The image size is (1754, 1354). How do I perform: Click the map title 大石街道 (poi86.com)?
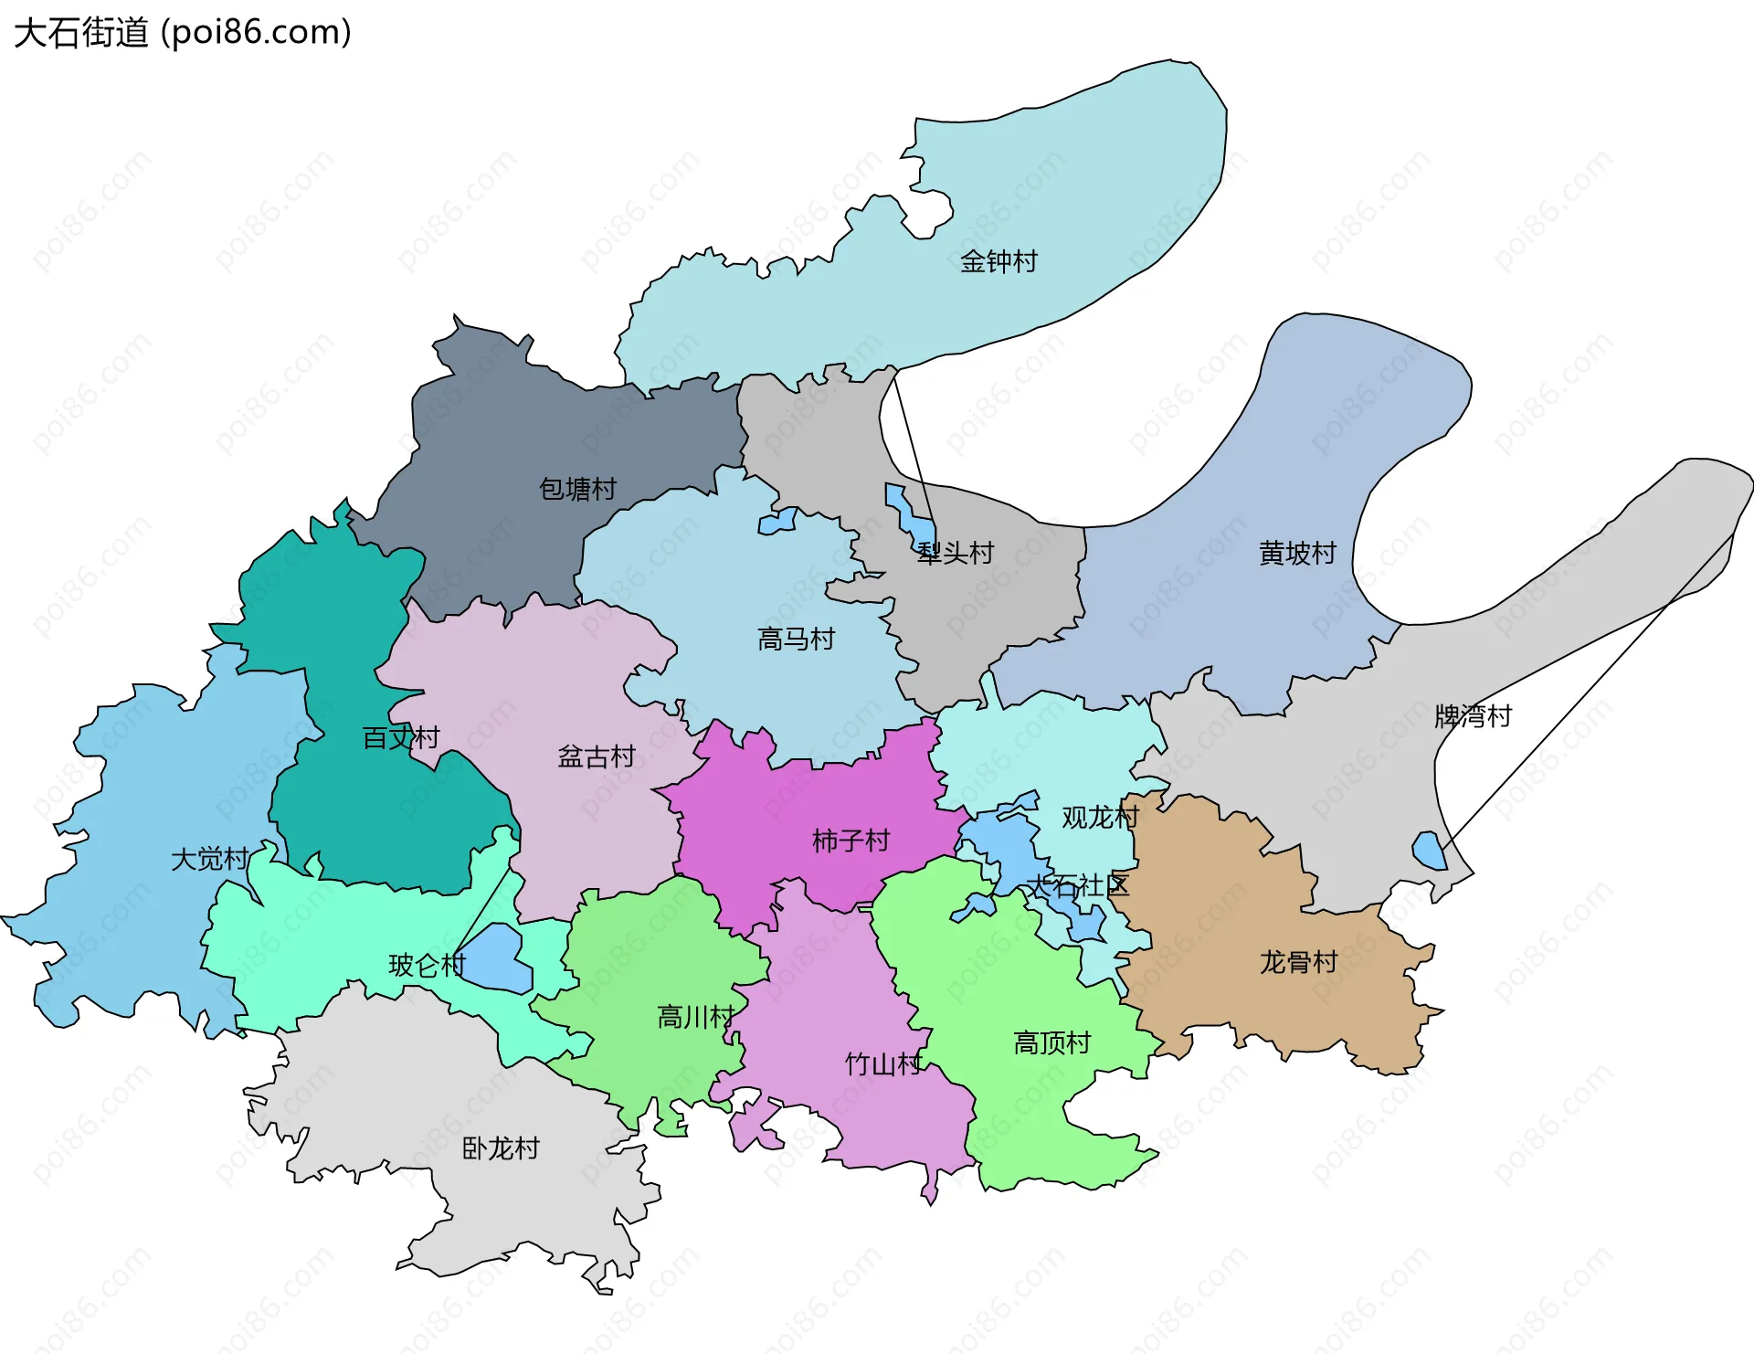pos(183,33)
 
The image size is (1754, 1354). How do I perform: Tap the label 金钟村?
pos(999,262)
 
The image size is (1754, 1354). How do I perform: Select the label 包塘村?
pos(577,490)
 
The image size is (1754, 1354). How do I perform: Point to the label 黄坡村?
pos(1297,554)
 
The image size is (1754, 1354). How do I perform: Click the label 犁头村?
pos(956,554)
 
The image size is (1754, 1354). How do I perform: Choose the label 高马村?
pos(796,640)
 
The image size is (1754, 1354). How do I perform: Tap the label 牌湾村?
pos(1473,716)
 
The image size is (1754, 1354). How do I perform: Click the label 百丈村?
pos(401,738)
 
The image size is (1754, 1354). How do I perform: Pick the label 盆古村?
pos(597,757)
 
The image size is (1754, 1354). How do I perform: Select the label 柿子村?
pos(851,841)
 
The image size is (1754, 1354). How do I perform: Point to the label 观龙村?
pos(1100,818)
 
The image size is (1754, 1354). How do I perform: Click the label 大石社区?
pos(1078,885)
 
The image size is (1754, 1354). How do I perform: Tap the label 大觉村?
pos(210,860)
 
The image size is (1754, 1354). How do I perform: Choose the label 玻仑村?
pos(428,966)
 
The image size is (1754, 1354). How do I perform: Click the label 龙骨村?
pos(1298,962)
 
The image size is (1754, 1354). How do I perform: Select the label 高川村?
pos(696,1017)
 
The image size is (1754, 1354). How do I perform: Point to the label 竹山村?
pos(883,1064)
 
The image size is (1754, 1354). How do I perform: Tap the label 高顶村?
pos(1051,1043)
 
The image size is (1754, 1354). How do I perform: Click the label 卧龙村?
pos(501,1148)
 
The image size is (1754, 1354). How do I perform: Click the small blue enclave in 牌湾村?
pos(1428,852)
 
